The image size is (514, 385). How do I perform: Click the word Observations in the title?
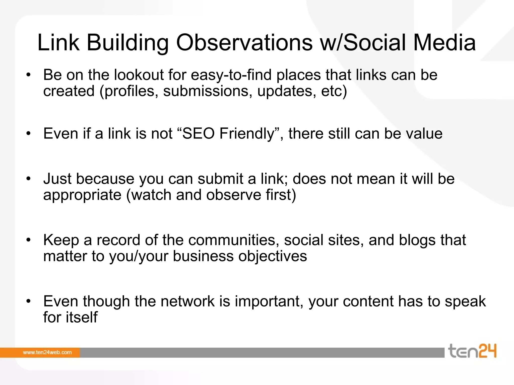pyautogui.click(x=244, y=43)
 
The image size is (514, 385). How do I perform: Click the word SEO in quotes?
pyautogui.click(x=198, y=133)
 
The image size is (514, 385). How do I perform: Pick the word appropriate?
pyautogui.click(x=82, y=195)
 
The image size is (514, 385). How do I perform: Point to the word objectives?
pyautogui.click(x=273, y=256)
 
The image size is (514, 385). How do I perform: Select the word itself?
pyautogui.click(x=82, y=317)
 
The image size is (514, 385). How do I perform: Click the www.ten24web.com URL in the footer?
pyautogui.click(x=47, y=352)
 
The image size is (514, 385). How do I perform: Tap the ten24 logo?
pyautogui.click(x=472, y=351)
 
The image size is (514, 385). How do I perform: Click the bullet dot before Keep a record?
pyautogui.click(x=29, y=240)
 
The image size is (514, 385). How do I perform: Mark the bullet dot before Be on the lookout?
pyautogui.click(x=29, y=75)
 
